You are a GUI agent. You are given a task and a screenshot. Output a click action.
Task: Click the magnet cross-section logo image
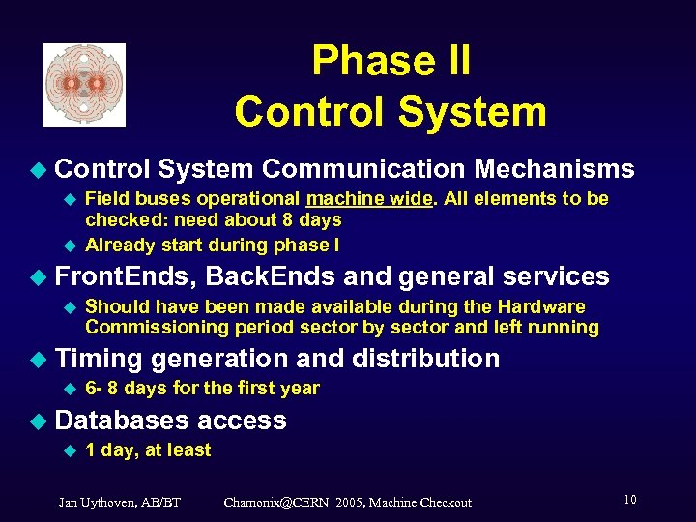[84, 84]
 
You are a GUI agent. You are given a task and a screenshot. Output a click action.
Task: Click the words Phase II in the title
[391, 61]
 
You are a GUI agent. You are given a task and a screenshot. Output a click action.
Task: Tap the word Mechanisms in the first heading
[554, 169]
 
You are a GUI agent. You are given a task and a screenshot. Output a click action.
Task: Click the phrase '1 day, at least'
[148, 449]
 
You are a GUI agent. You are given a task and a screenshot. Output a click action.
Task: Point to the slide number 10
[629, 500]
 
